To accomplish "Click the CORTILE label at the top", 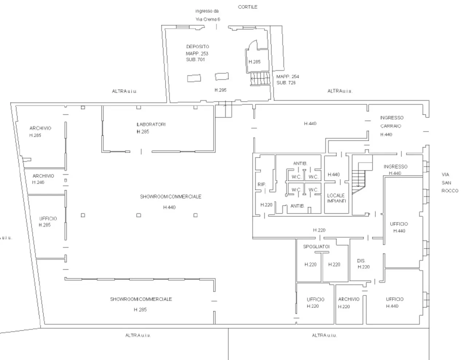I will point(248,7).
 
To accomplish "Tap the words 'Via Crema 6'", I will point(208,19).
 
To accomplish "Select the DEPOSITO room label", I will point(198,47).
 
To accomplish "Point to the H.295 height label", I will point(220,90).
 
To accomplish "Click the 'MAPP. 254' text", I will point(288,76).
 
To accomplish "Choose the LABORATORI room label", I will point(151,124).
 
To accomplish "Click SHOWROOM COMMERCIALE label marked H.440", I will point(170,197).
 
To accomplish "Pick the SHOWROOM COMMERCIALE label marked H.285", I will point(141,299).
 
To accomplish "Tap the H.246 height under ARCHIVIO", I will point(38,182).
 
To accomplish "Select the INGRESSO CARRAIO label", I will point(391,122).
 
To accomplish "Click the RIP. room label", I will point(261,185).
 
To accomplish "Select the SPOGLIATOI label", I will point(316,246).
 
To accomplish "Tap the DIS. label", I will point(361,261).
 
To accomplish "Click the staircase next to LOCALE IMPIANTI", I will point(361,178).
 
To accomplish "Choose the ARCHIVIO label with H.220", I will point(348,299).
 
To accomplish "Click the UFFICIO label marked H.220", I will point(315,299).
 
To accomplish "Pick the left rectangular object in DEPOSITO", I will point(194,78).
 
